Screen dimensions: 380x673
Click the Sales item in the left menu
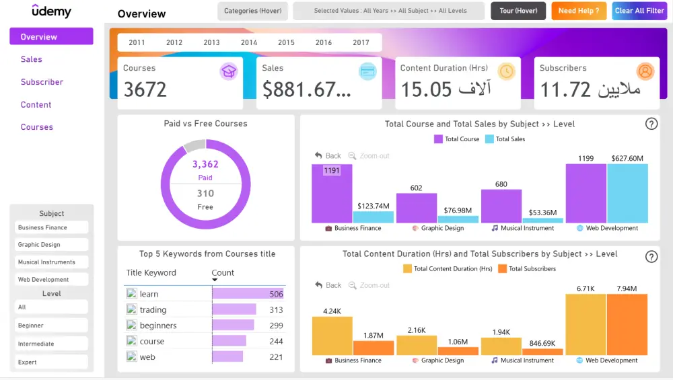click(x=32, y=59)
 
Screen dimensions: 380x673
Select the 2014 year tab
click(x=249, y=42)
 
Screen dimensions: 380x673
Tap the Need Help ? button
click(x=579, y=11)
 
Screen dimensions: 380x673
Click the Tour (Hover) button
click(x=518, y=11)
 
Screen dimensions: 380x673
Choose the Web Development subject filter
click(x=51, y=279)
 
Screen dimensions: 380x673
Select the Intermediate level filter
click(x=51, y=344)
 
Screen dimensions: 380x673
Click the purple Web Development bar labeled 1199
click(x=586, y=194)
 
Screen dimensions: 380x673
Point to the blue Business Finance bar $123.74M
click(x=373, y=217)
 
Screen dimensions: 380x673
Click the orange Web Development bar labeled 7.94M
click(x=627, y=324)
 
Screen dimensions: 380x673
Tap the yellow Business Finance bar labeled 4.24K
click(x=332, y=336)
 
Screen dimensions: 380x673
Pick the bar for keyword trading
click(x=234, y=309)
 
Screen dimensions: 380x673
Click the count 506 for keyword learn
click(x=276, y=294)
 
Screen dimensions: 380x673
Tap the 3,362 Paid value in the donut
click(x=205, y=164)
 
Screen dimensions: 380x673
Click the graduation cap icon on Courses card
click(x=229, y=71)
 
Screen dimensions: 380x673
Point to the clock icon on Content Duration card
click(x=506, y=71)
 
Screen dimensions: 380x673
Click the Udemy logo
click(x=51, y=11)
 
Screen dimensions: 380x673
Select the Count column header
click(x=223, y=272)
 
